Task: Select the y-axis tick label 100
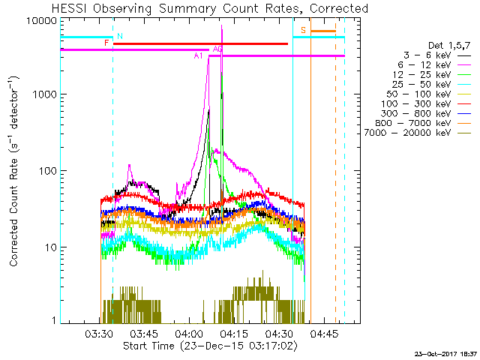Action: [46, 171]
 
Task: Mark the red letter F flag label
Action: [107, 43]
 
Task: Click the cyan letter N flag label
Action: [120, 36]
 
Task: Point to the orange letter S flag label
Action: [303, 30]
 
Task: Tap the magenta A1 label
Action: [199, 55]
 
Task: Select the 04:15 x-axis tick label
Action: [234, 334]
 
